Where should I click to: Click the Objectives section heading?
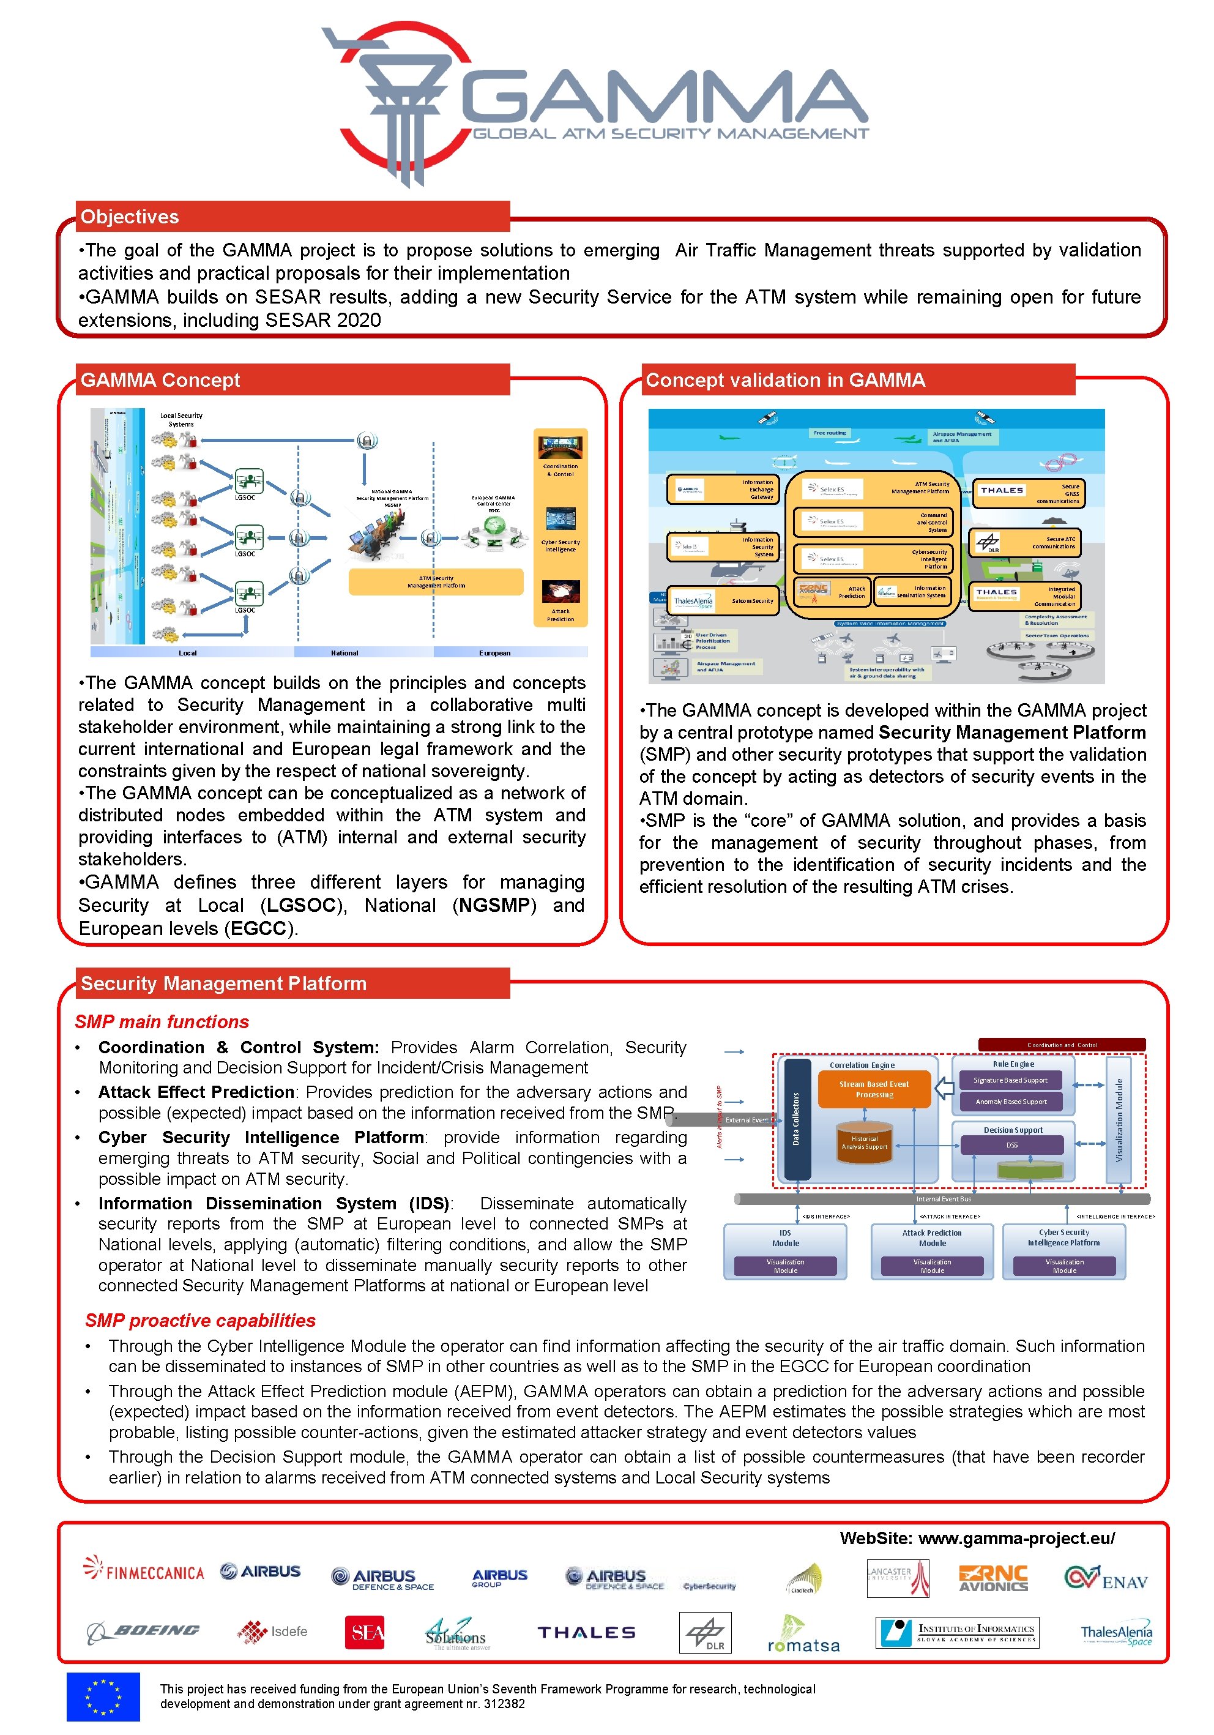point(130,217)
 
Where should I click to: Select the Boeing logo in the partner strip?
point(144,1631)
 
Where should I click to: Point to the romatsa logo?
point(802,1636)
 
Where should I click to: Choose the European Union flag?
point(103,1696)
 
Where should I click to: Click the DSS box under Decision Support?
point(1011,1145)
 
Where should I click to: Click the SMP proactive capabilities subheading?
point(200,1320)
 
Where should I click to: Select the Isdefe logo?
point(273,1631)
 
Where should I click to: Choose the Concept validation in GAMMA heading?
point(785,380)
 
